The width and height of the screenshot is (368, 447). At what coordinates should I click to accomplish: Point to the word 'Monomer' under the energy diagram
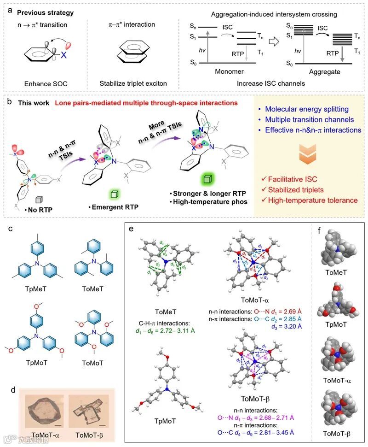pos(228,72)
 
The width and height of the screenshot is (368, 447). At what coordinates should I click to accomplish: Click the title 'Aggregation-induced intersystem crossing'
pos(272,14)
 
